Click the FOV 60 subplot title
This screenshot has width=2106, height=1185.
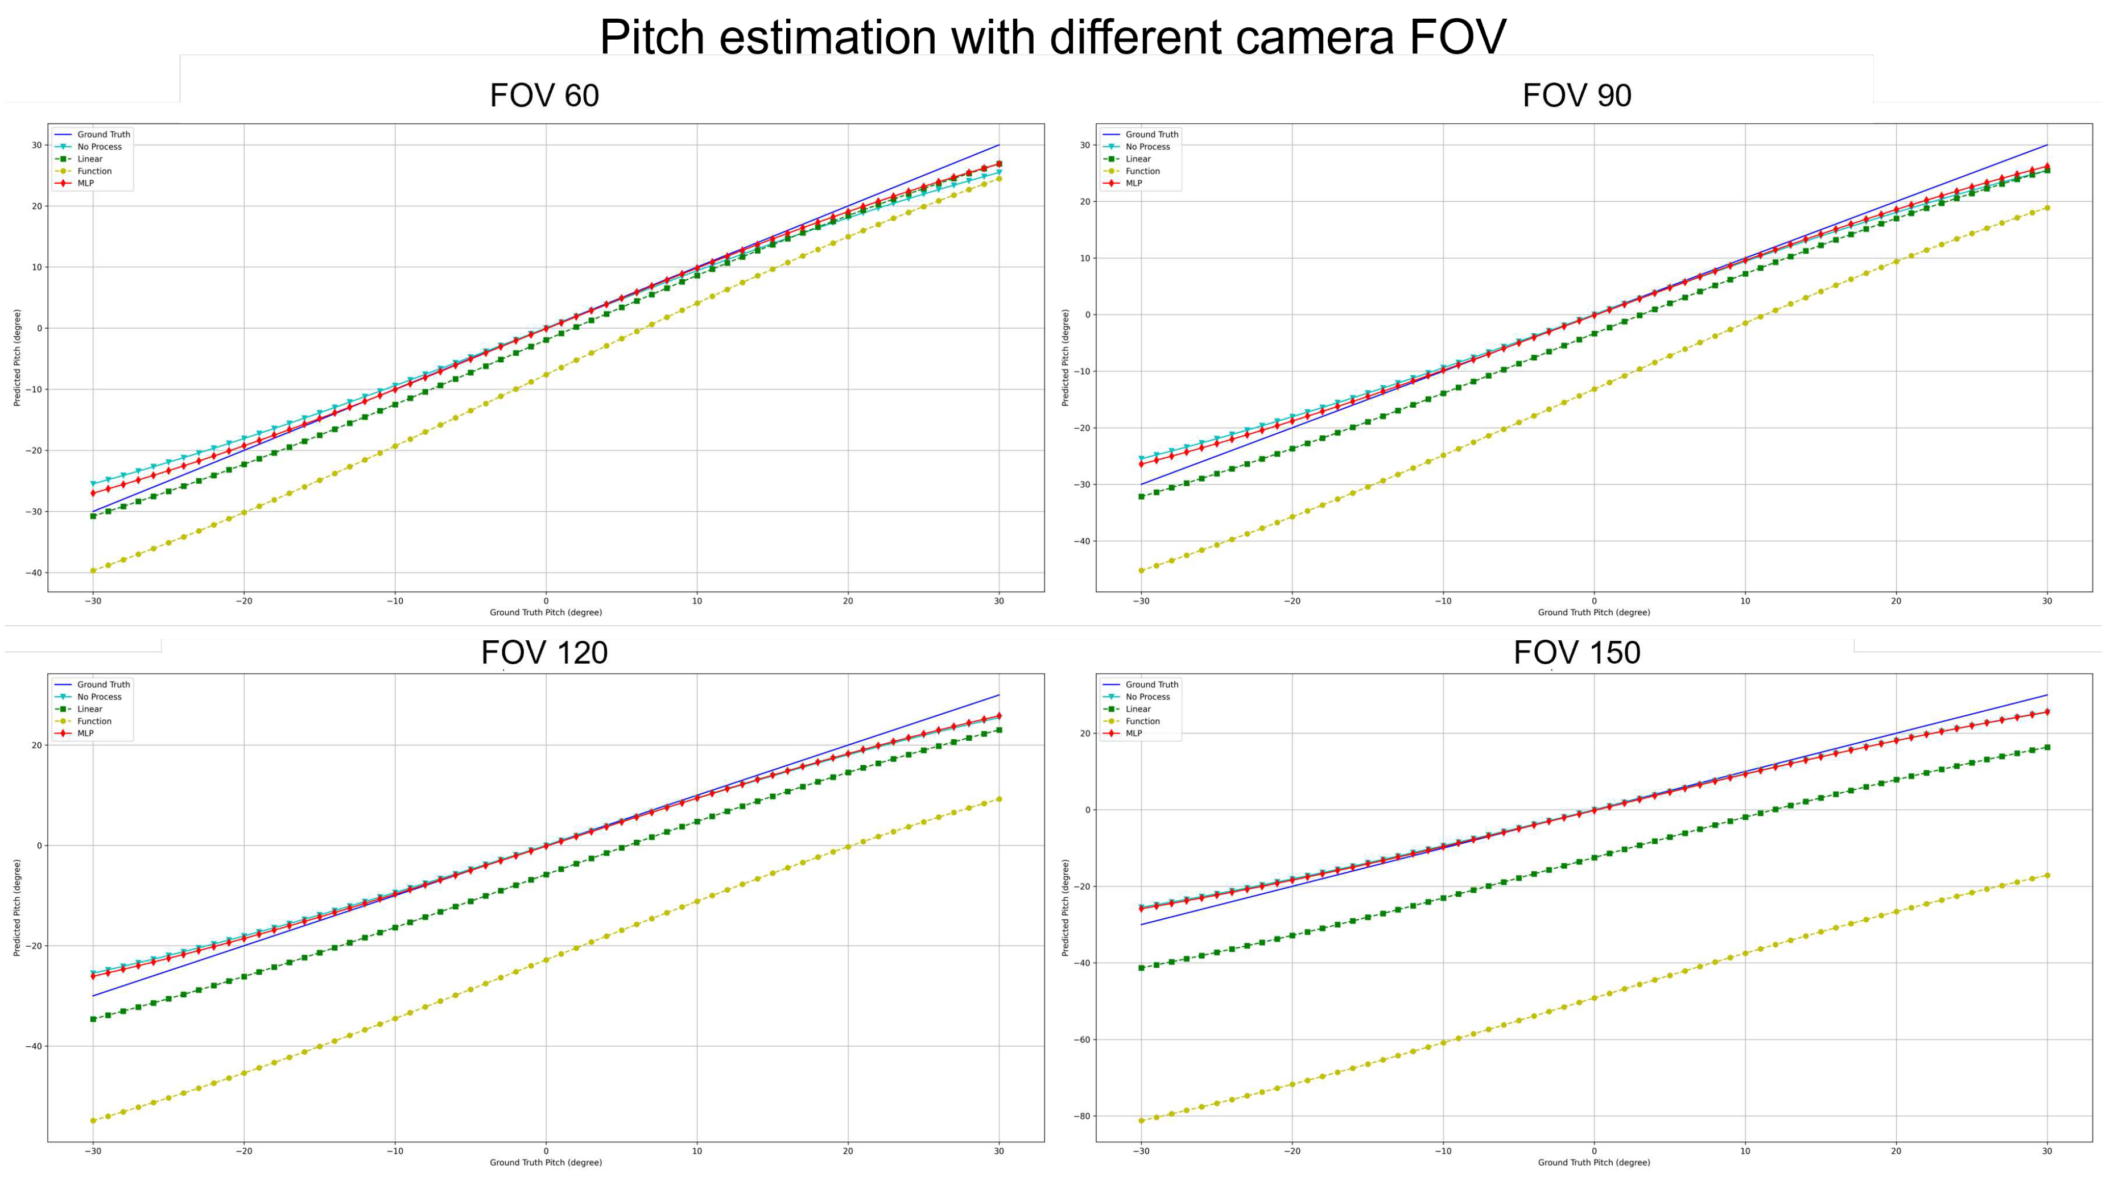(544, 96)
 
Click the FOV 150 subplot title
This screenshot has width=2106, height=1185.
(1576, 652)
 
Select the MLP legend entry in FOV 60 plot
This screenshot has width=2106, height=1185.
(85, 183)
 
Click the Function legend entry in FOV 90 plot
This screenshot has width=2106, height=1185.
(1142, 171)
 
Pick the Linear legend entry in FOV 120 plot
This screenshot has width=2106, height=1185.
(89, 708)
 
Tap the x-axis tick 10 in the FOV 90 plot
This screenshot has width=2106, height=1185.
(1745, 600)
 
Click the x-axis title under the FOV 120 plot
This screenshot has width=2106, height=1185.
(546, 1162)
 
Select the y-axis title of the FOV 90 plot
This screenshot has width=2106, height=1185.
(1066, 358)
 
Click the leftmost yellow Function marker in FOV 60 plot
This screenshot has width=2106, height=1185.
(93, 570)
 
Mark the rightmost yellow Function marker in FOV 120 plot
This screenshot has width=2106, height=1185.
(999, 799)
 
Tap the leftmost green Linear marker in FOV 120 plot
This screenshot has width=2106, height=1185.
(93, 1019)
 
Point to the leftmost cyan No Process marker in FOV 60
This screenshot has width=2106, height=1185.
(93, 484)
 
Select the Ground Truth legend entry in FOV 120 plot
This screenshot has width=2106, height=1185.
(103, 684)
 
